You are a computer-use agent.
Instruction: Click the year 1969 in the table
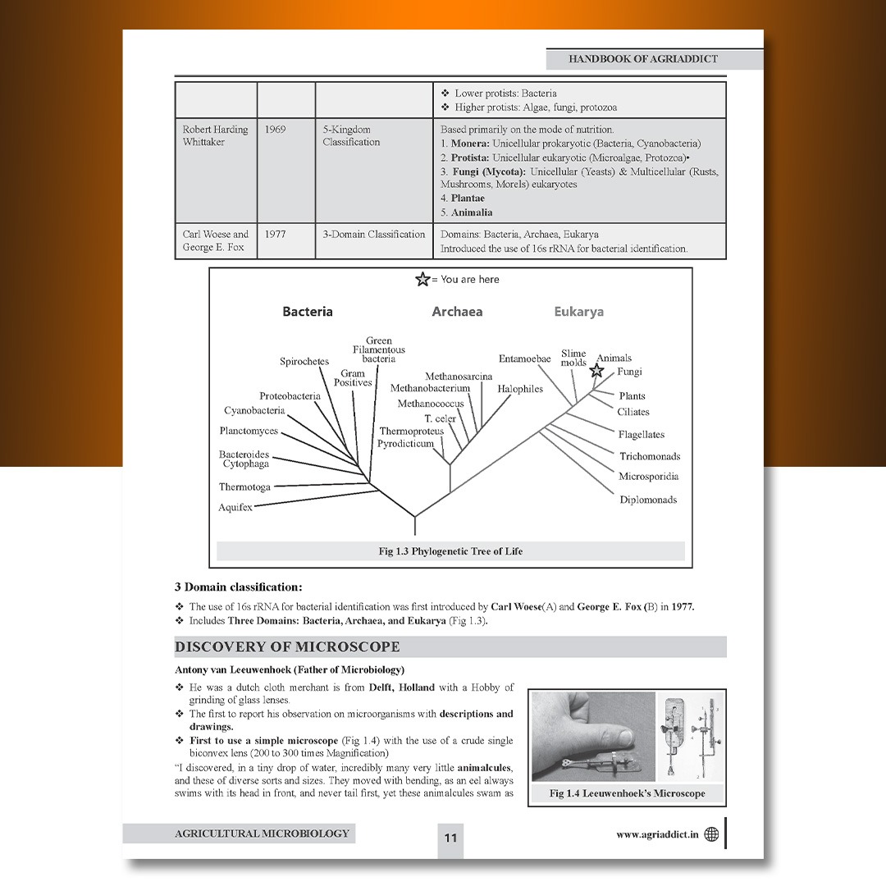[276, 130]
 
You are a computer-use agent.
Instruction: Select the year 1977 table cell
[276, 234]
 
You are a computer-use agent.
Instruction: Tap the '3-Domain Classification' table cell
[373, 234]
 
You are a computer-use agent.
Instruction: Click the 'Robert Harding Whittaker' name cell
[215, 136]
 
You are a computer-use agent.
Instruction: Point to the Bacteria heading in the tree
[308, 312]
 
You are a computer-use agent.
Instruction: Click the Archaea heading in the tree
[457, 312]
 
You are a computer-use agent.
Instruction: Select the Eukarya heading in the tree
[578, 312]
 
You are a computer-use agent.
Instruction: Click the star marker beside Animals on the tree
[596, 371]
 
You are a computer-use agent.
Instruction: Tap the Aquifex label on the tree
[235, 508]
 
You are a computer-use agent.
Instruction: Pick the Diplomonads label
[648, 500]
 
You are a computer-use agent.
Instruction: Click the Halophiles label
[520, 389]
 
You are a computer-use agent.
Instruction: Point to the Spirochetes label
[304, 362]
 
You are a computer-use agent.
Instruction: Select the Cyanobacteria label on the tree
[254, 411]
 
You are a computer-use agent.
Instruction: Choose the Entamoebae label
[524, 359]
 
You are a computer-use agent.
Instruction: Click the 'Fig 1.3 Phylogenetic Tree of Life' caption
[450, 551]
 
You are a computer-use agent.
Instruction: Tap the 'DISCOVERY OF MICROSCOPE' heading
[287, 647]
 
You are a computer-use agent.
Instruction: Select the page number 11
[450, 838]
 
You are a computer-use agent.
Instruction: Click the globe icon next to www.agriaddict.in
[711, 834]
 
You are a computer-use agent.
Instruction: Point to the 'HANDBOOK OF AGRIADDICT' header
[642, 59]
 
